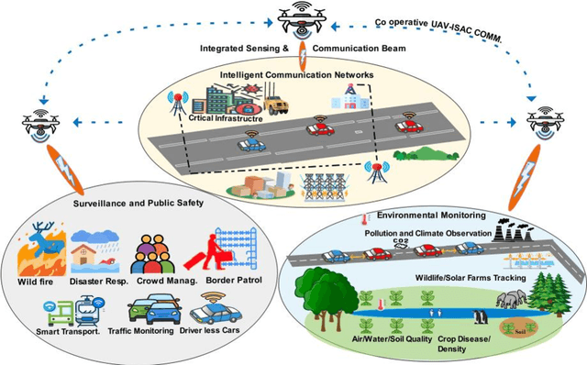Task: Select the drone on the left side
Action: point(39,123)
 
